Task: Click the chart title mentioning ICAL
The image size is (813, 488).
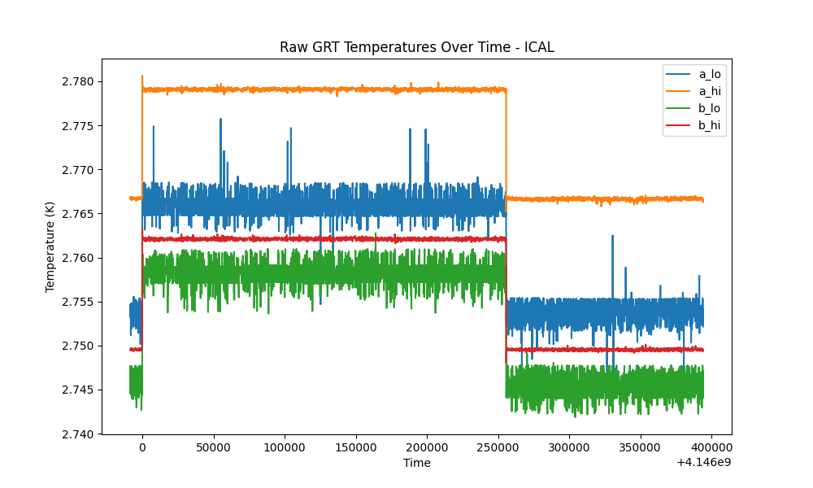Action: pyautogui.click(x=417, y=47)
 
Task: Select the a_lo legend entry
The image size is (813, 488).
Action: pyautogui.click(x=693, y=74)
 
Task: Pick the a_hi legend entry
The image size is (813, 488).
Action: pyautogui.click(x=693, y=91)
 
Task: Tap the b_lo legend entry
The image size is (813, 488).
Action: pyautogui.click(x=693, y=108)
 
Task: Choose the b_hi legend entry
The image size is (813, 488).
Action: pyautogui.click(x=693, y=125)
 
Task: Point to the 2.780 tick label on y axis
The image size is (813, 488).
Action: pyautogui.click(x=78, y=82)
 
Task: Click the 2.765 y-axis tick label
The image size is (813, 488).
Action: pyautogui.click(x=78, y=214)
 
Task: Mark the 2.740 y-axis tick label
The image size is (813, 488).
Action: pyautogui.click(x=78, y=434)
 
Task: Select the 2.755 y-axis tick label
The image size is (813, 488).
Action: pyautogui.click(x=78, y=303)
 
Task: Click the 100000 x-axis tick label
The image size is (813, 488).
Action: pyautogui.click(x=285, y=447)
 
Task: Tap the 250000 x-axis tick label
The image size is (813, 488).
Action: pyautogui.click(x=498, y=447)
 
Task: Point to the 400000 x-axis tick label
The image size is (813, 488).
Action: pyautogui.click(x=711, y=447)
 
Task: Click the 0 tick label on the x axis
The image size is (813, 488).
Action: pyautogui.click(x=142, y=447)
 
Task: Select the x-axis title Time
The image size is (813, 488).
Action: pyautogui.click(x=417, y=463)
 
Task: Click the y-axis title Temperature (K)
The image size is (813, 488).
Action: pyautogui.click(x=50, y=247)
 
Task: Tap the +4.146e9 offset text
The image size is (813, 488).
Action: pyautogui.click(x=703, y=462)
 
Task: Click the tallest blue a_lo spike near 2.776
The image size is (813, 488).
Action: pyautogui.click(x=221, y=120)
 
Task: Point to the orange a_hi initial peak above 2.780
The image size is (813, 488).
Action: pyautogui.click(x=142, y=76)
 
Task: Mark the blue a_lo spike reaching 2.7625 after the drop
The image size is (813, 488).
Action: pyautogui.click(x=612, y=236)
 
